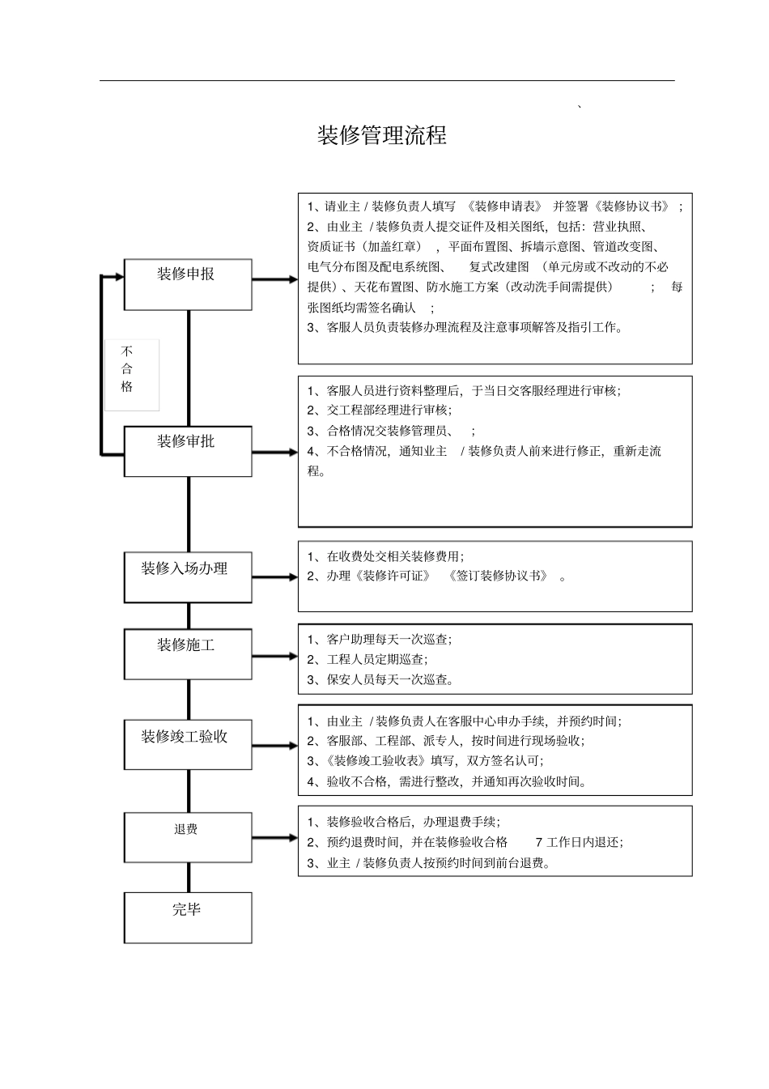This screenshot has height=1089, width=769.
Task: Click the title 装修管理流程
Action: (381, 135)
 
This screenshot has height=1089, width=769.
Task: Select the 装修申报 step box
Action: (187, 284)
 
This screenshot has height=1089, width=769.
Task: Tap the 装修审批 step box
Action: (187, 451)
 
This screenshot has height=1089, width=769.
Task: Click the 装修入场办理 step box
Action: (187, 577)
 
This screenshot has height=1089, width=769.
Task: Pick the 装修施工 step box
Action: (187, 654)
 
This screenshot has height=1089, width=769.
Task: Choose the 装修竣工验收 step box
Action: (187, 745)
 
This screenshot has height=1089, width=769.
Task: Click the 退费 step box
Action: (187, 838)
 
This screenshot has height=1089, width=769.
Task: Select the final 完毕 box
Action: (187, 917)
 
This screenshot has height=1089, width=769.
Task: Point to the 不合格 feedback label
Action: (128, 370)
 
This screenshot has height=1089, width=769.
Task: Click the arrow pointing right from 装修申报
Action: (275, 279)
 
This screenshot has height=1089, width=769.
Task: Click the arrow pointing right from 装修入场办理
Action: (275, 577)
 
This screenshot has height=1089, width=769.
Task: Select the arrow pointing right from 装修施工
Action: (275, 656)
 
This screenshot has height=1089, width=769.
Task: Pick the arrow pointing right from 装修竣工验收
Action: (275, 746)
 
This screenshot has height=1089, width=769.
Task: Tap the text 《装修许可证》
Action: (392, 576)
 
